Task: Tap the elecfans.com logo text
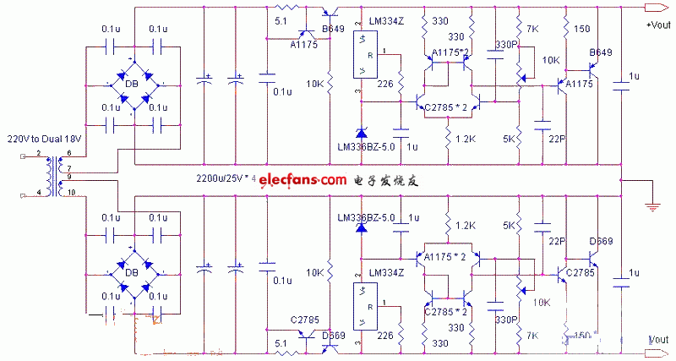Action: point(303,180)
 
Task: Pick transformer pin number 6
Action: point(69,152)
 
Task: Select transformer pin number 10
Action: point(71,193)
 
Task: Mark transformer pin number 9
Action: point(69,179)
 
